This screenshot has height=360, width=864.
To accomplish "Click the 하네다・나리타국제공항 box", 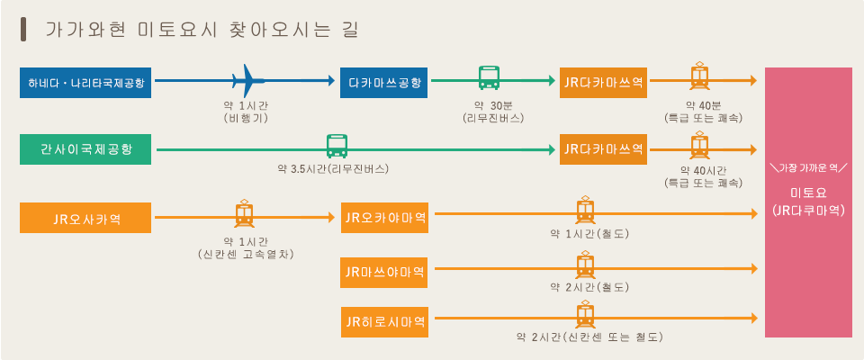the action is point(85,83).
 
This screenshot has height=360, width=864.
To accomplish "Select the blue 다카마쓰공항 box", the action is point(384,83).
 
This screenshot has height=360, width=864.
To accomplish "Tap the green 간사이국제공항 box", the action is point(85,149).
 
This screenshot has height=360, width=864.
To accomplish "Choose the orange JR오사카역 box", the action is point(85,218).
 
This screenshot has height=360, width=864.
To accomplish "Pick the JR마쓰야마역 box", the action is point(384,273).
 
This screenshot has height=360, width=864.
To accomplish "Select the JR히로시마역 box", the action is point(384,322).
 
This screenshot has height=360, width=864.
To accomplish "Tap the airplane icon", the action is point(247,80).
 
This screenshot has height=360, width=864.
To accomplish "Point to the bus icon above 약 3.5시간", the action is point(337,146).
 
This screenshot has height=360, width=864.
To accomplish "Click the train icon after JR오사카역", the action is point(244,214).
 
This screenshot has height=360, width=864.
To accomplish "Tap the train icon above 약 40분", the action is point(699,76).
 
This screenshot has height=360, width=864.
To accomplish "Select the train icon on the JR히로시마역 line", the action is point(585,314).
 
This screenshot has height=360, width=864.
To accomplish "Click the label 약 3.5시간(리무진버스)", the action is point(333,168).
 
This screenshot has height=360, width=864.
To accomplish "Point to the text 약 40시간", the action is point(704,169).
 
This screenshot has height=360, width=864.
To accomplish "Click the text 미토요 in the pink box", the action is point(808,193).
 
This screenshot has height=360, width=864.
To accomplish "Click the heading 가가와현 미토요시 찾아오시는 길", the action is point(202,30).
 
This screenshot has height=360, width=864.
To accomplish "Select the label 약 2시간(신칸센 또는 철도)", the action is point(589,337).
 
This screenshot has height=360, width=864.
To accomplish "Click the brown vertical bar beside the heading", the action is point(23,30).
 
